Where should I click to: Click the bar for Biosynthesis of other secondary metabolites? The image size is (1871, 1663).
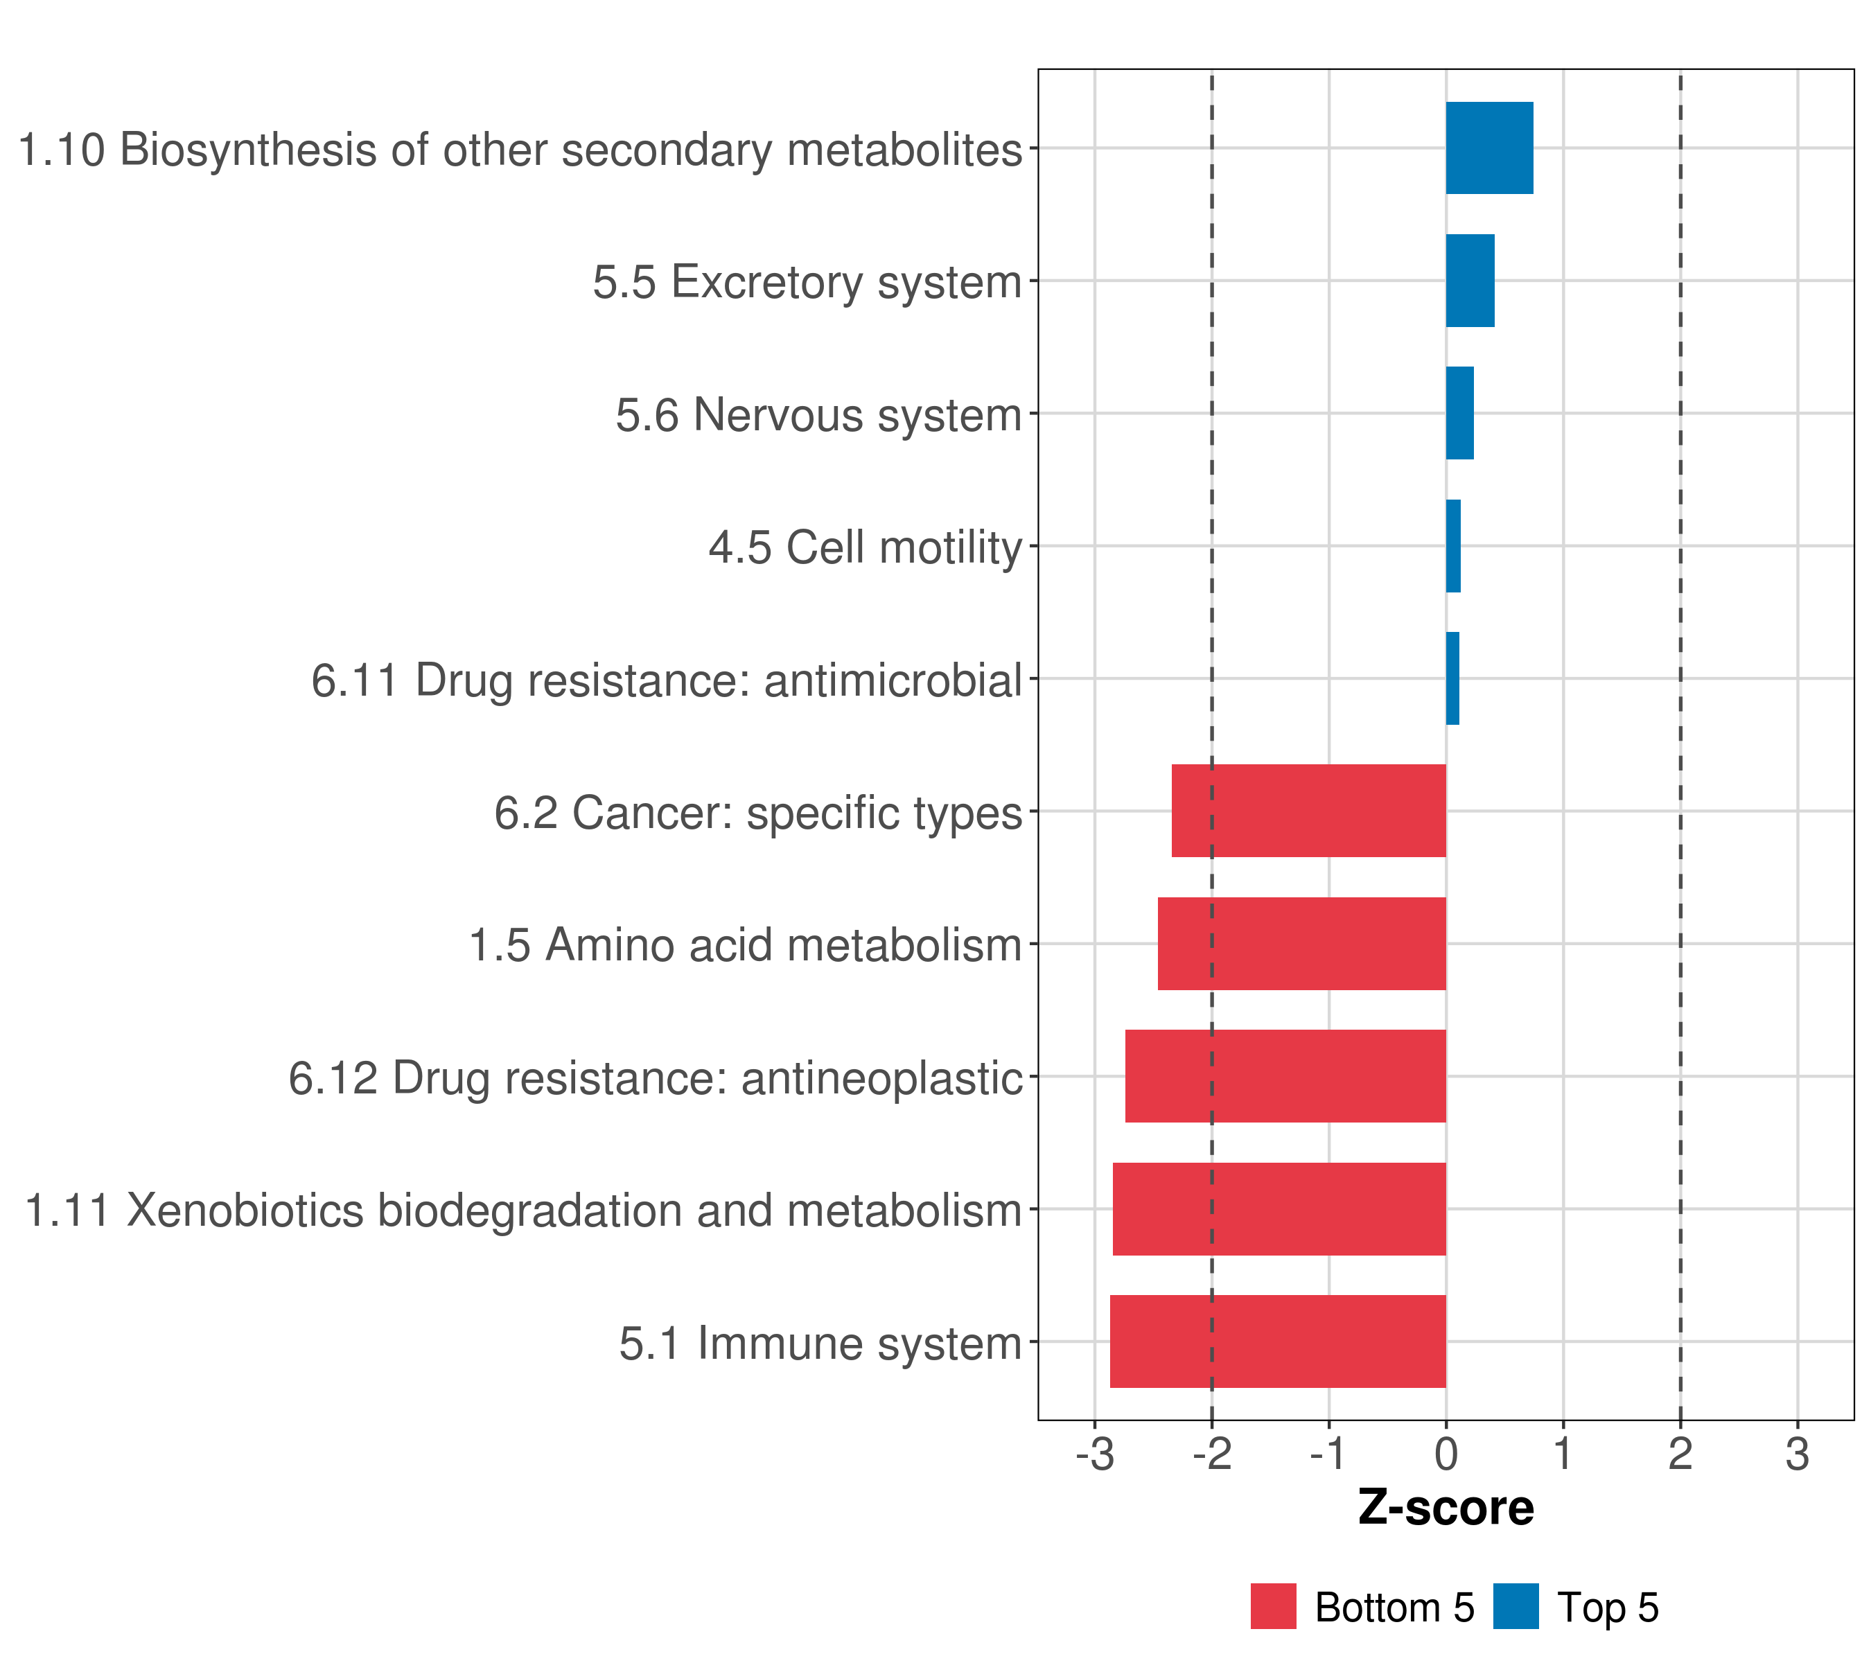click(x=1488, y=148)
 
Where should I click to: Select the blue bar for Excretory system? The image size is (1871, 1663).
click(x=1469, y=281)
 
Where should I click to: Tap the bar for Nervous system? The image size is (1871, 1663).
click(x=1459, y=413)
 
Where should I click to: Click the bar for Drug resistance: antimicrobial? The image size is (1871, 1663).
click(x=1452, y=678)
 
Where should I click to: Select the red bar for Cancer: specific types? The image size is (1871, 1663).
click(x=1308, y=811)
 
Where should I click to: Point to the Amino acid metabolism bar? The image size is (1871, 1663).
click(x=1301, y=944)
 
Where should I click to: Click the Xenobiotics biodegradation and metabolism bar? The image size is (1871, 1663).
click(x=1279, y=1209)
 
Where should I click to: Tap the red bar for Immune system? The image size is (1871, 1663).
click(x=1277, y=1341)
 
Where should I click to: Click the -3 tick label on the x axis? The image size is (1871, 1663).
click(x=1094, y=1454)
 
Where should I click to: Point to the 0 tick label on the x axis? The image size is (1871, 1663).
click(x=1446, y=1454)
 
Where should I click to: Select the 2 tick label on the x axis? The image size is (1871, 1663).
click(x=1680, y=1454)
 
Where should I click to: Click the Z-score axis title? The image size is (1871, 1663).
click(x=1446, y=1508)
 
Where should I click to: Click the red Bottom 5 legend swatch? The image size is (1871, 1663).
click(x=1273, y=1607)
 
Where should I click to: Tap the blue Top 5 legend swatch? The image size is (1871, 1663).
click(x=1515, y=1607)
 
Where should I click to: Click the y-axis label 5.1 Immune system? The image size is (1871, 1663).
click(x=820, y=1344)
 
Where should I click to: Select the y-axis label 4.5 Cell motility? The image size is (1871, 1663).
click(x=865, y=547)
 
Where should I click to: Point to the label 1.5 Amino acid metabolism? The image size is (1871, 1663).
click(x=745, y=945)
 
